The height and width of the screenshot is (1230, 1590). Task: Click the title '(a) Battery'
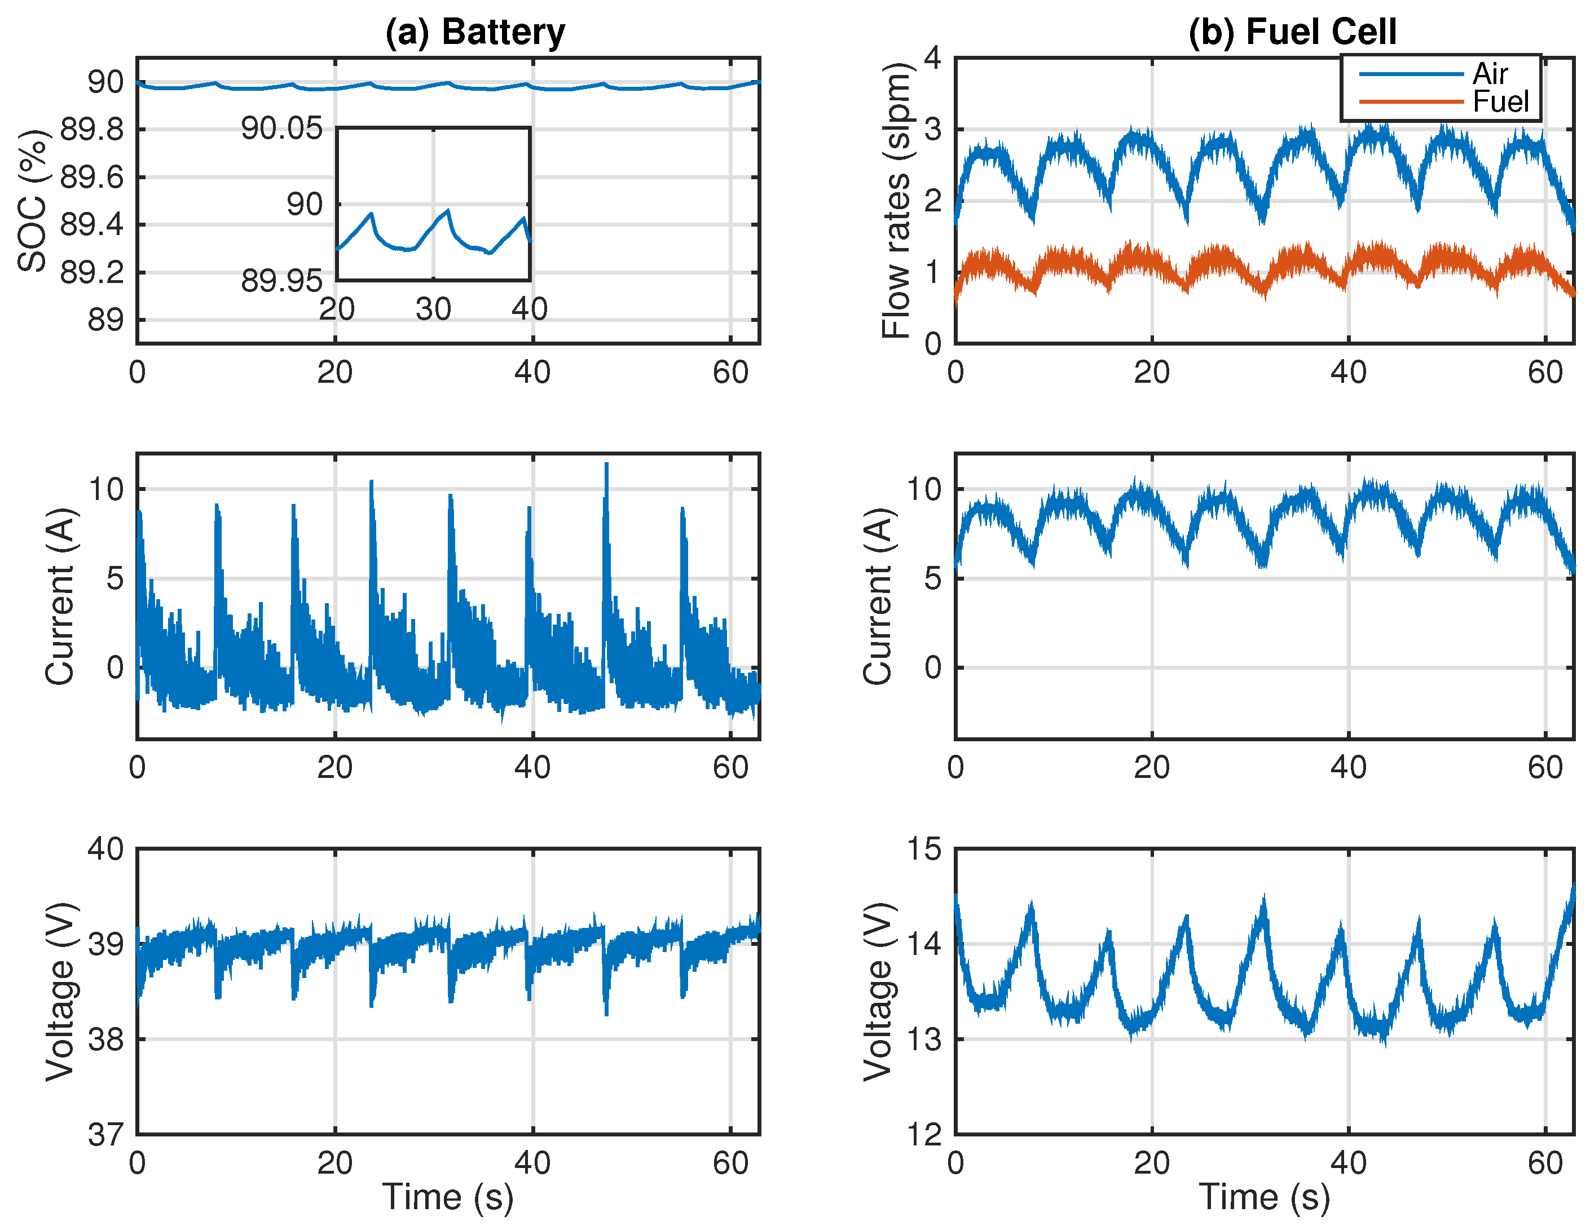click(x=475, y=32)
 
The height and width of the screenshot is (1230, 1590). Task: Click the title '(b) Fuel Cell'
click(x=1292, y=32)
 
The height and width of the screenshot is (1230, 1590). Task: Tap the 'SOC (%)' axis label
click(x=32, y=201)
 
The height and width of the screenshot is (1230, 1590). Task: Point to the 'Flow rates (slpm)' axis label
click(x=896, y=201)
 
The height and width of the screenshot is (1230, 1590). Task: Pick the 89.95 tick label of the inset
click(x=282, y=281)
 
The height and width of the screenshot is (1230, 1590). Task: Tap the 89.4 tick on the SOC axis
click(x=92, y=225)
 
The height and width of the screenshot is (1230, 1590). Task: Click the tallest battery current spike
click(x=606, y=466)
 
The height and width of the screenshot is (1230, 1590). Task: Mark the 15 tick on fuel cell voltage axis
click(x=923, y=850)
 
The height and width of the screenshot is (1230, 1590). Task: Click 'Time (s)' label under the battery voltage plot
click(x=448, y=1197)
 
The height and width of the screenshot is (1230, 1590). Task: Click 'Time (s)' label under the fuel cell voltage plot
click(x=1265, y=1197)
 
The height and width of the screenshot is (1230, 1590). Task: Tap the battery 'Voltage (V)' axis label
click(x=60, y=992)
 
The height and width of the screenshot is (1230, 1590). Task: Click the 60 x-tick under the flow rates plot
click(x=1545, y=373)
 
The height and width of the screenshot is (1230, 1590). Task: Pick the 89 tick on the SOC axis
click(x=105, y=320)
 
